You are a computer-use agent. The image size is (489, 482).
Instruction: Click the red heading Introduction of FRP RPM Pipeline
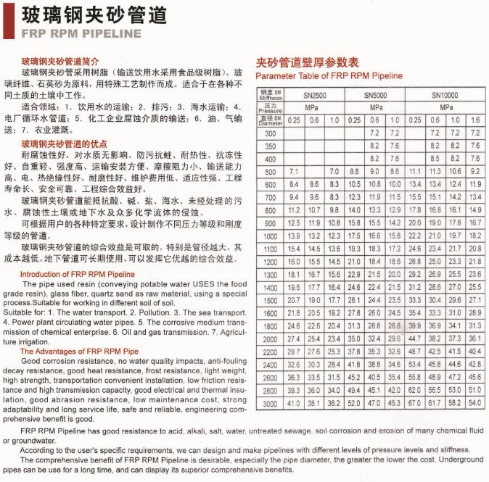[x=78, y=274]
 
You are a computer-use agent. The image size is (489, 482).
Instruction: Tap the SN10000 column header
[x=445, y=95]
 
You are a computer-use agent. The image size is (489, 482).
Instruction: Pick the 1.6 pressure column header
[x=475, y=120]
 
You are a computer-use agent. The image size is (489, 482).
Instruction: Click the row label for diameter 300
[x=271, y=133]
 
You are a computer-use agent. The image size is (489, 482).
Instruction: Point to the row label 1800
[x=271, y=325]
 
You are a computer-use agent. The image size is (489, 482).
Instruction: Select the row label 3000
[x=271, y=403]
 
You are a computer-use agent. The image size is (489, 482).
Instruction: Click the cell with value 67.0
[x=415, y=403]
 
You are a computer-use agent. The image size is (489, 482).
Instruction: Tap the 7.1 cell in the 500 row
[x=294, y=172]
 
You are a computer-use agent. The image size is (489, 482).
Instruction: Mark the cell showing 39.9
[x=415, y=325]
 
